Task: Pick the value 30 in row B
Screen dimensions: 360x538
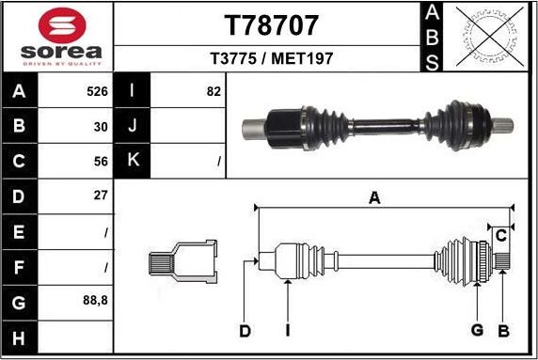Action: click(101, 126)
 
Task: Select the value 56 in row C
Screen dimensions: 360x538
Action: click(101, 161)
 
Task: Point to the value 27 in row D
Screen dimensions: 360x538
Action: click(101, 196)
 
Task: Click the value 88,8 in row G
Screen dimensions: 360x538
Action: click(96, 302)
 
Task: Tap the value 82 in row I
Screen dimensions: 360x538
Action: click(213, 92)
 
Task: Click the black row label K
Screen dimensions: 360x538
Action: click(133, 161)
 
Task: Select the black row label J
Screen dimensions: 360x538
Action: click(133, 126)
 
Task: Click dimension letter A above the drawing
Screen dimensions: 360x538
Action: click(373, 197)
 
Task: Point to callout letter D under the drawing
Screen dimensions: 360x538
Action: click(245, 331)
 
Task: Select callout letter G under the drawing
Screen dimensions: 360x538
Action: click(477, 330)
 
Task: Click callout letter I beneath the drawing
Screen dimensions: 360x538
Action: click(288, 331)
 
